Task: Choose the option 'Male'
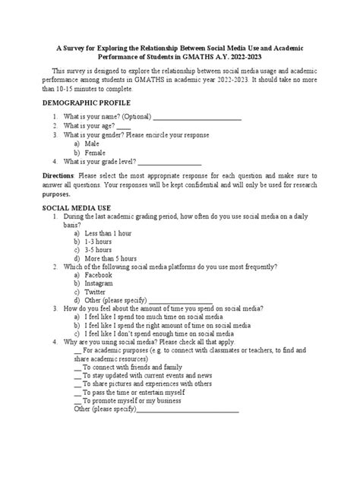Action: click(x=92, y=143)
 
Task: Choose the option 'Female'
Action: click(x=96, y=152)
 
